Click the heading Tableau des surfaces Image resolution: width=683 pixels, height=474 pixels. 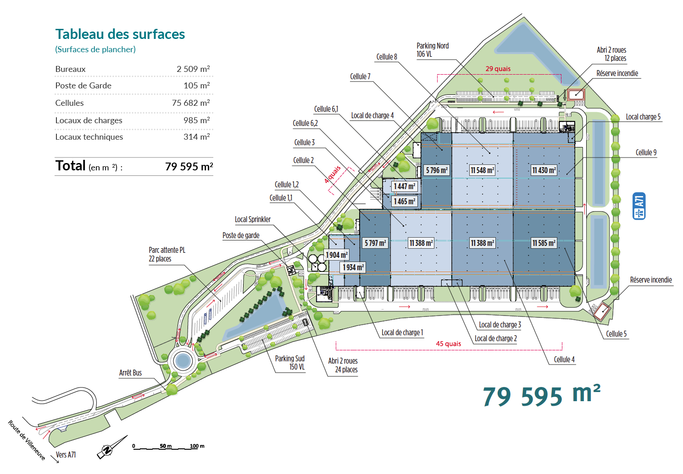coord(120,34)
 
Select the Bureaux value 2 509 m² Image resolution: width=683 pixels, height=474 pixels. coord(193,69)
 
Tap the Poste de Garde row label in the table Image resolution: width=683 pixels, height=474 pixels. coord(83,86)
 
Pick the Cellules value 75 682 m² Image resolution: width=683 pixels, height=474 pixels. coord(191,103)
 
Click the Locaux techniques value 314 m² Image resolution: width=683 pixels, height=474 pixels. coord(197,136)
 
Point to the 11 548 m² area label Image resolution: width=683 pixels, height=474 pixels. coord(482,170)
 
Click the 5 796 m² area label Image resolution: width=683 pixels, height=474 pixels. coord(437,170)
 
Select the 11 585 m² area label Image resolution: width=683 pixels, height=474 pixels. coord(544,243)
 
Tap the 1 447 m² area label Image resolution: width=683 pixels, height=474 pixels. coord(404,186)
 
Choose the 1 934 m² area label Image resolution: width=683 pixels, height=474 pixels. coord(353,267)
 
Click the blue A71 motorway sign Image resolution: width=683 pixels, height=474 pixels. coord(639,206)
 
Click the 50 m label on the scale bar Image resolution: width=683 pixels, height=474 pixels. coord(166,446)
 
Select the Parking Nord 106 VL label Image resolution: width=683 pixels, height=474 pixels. coord(433,50)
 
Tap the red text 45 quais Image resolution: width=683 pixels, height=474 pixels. coord(448,343)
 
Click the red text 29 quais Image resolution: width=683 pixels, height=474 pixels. coord(498,69)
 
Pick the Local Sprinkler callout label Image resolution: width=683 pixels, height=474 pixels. coord(252,219)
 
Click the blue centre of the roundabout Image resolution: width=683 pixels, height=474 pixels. coord(183,361)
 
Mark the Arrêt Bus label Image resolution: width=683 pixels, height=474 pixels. coord(131,373)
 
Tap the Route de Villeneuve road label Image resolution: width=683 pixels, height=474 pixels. coord(27,440)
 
